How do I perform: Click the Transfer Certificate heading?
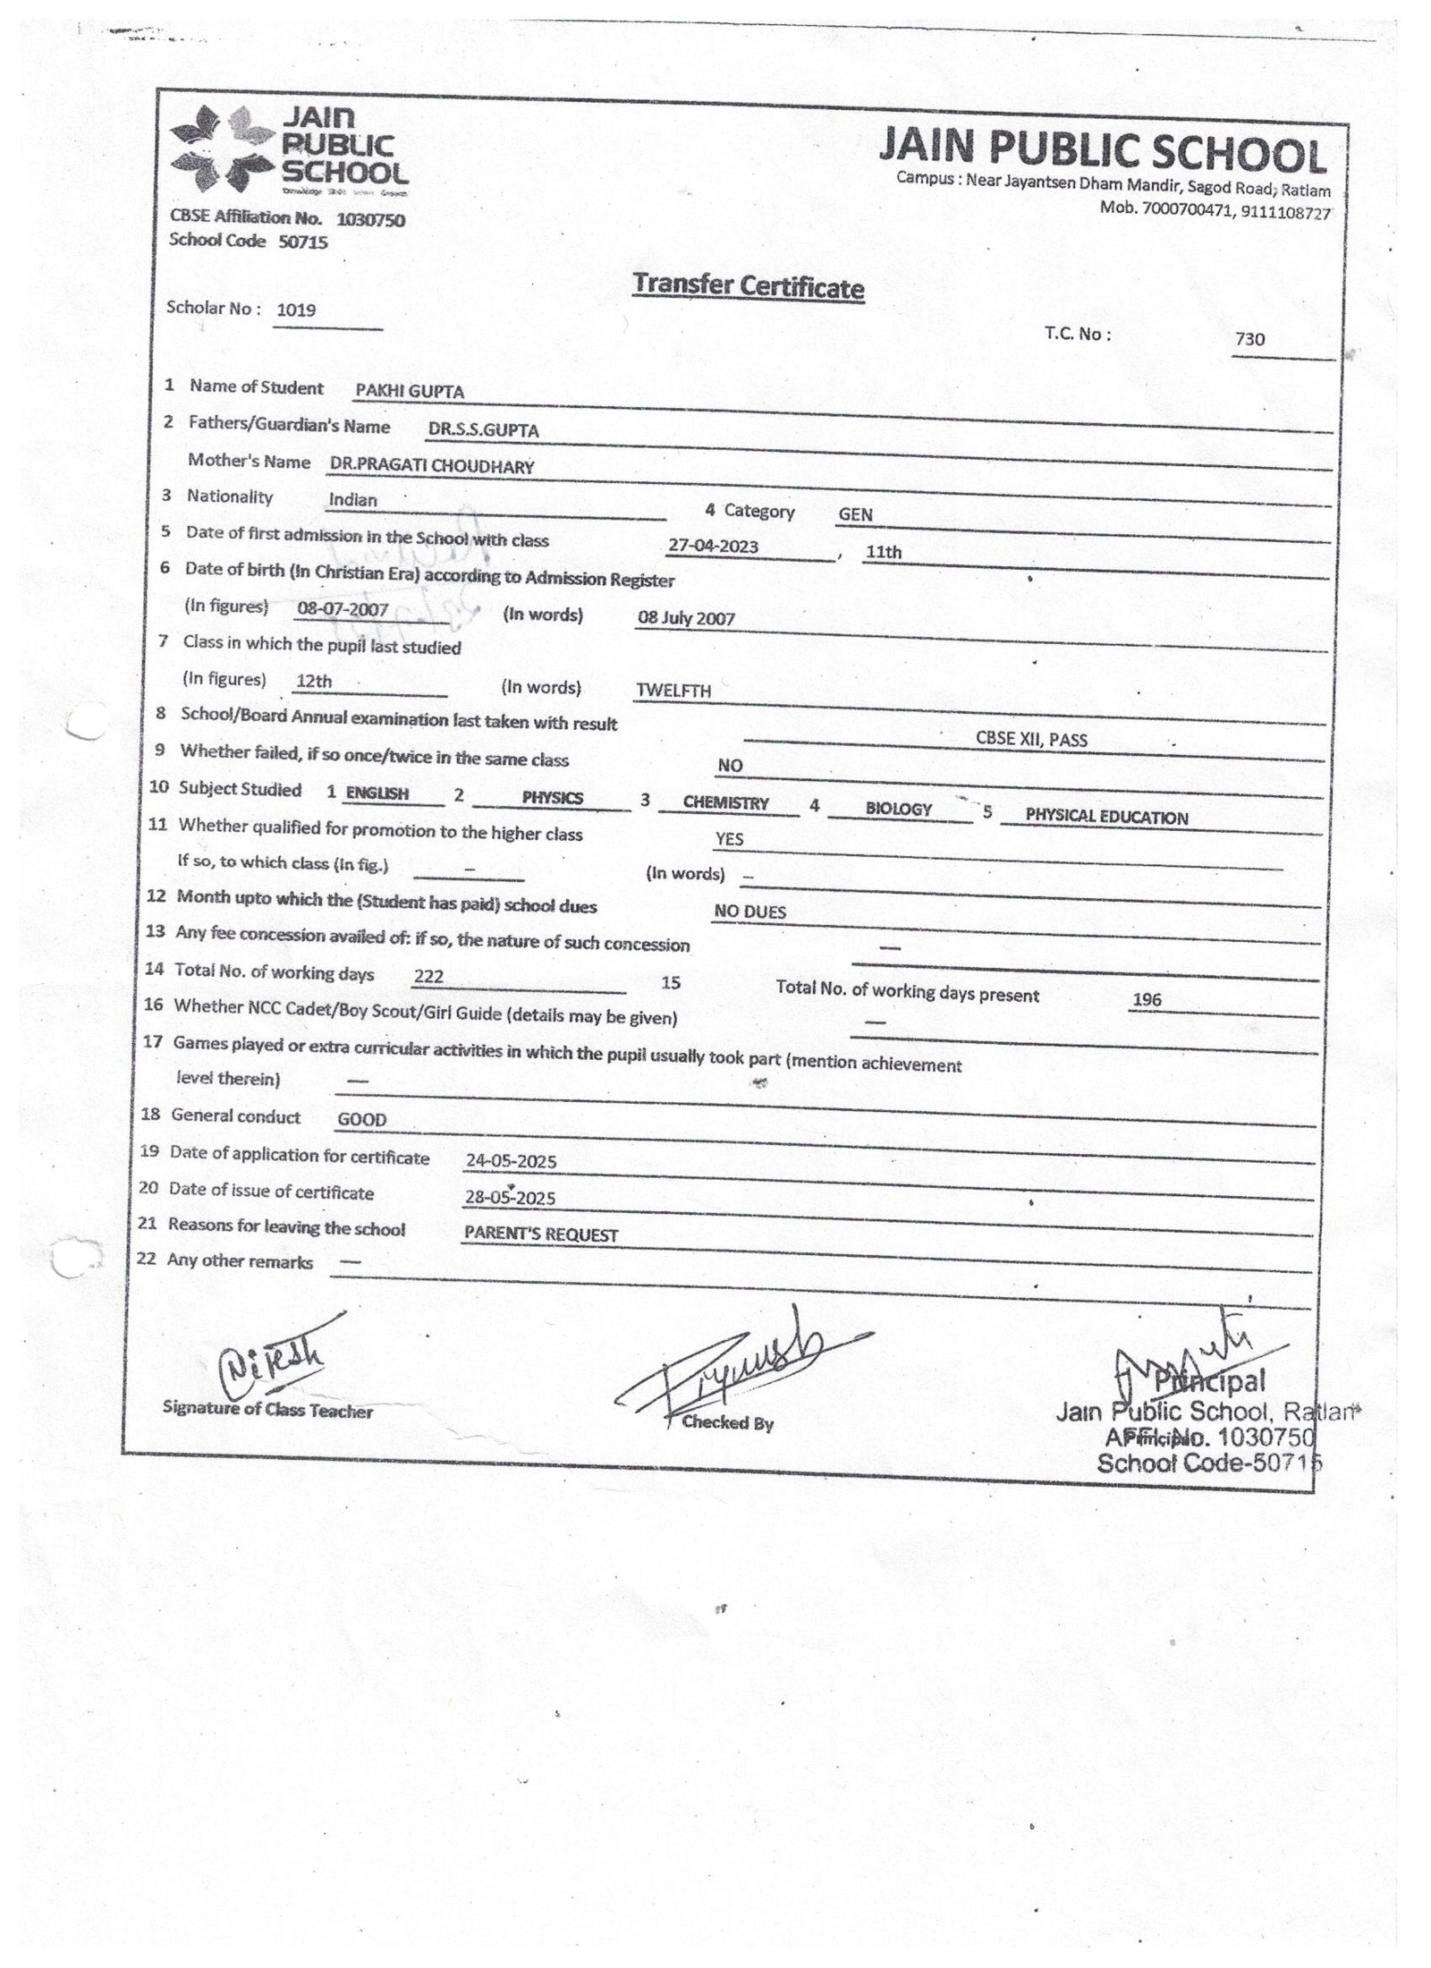(x=748, y=287)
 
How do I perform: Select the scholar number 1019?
(x=296, y=310)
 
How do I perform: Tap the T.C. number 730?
(x=1249, y=339)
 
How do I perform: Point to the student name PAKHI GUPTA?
(x=410, y=391)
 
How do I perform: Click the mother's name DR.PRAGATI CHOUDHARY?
(x=431, y=466)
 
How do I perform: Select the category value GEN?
(x=855, y=514)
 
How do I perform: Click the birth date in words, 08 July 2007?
(x=686, y=618)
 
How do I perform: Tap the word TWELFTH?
(x=673, y=691)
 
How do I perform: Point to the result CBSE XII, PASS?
(x=1031, y=740)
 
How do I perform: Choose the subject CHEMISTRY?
(x=725, y=802)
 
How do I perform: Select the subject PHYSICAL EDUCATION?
(x=1106, y=817)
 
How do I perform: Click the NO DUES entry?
(x=749, y=912)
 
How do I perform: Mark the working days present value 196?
(x=1147, y=999)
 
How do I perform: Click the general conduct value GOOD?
(x=362, y=1119)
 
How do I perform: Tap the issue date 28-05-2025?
(x=511, y=1198)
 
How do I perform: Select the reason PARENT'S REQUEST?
(x=541, y=1234)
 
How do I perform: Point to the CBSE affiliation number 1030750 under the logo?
(x=370, y=220)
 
